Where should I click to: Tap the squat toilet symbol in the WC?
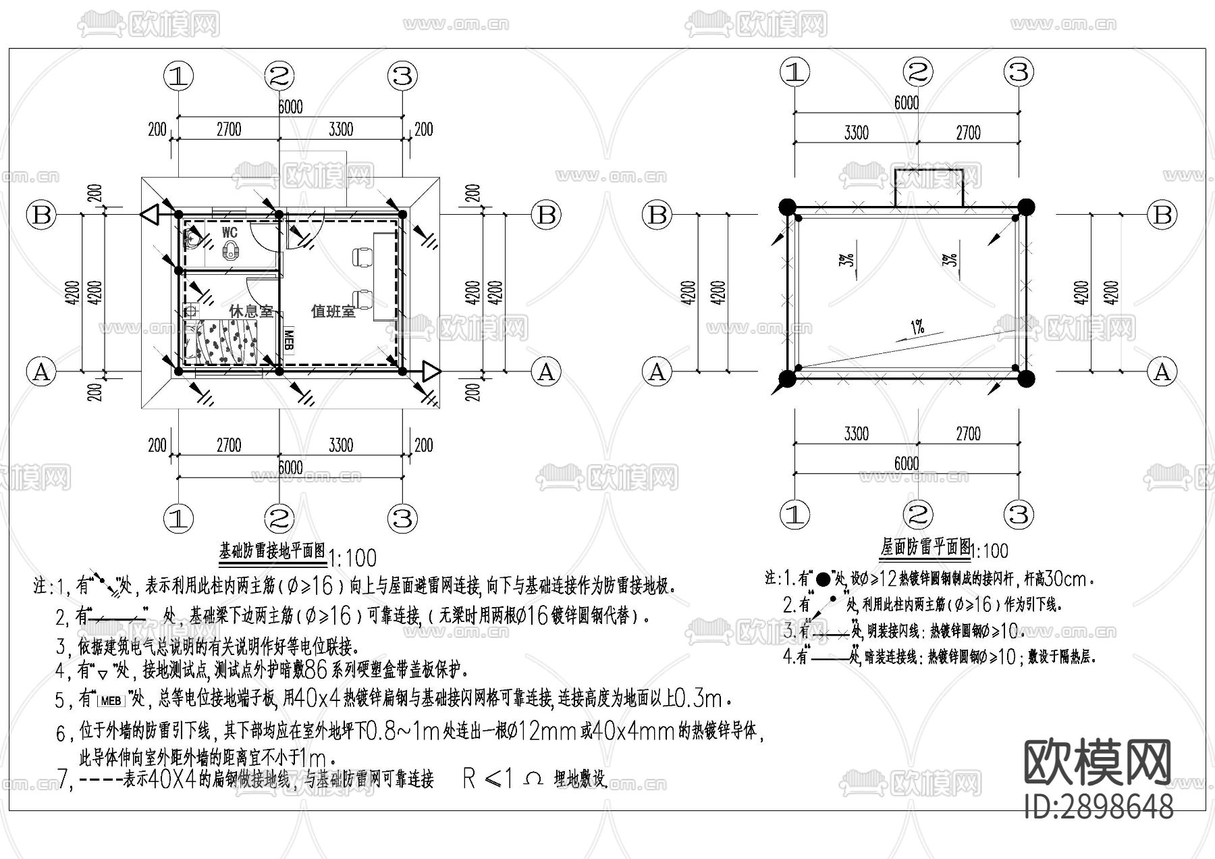232,252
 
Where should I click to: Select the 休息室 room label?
251,311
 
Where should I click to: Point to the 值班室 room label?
333,311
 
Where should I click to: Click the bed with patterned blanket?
223,342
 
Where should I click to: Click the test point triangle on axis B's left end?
150,215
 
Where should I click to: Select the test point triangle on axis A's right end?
431,371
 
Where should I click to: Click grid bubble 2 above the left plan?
279,76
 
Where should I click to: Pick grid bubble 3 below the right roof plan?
1019,515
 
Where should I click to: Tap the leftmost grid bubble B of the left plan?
42,215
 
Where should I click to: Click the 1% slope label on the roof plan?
917,329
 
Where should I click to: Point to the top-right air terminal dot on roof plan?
1025,207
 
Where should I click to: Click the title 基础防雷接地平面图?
273,551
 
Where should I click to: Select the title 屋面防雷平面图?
925,546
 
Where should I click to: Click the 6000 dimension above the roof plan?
906,103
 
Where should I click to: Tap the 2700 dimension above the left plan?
228,129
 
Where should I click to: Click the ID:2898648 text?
1099,806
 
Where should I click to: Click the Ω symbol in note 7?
533,779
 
